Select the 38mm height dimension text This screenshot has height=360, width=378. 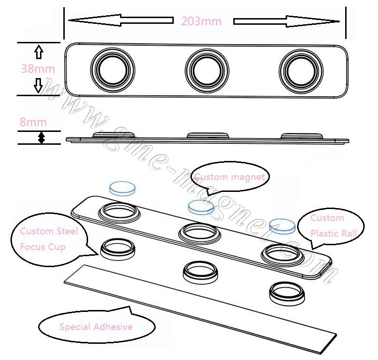38,69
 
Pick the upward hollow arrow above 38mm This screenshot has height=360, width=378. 40,52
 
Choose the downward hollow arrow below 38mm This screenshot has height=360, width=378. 40,86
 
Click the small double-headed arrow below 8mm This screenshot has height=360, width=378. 41,138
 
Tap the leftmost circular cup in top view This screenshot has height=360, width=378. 113,69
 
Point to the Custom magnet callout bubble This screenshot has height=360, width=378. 230,178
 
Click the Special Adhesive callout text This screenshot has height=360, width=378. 96,327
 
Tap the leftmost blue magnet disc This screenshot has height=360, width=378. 121,189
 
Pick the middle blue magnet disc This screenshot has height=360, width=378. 201,206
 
